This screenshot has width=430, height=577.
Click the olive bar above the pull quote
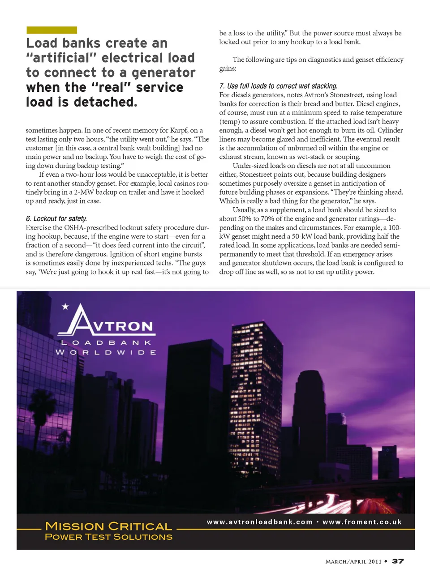[52, 30]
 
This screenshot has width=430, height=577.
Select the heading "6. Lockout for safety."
[56, 218]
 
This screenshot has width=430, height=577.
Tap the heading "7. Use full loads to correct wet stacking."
[278, 86]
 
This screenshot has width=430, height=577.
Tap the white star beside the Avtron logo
[65, 307]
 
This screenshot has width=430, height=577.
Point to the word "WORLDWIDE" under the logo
[106, 352]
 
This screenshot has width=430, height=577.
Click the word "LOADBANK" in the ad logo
[106, 342]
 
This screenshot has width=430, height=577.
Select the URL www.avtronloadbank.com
[259, 522]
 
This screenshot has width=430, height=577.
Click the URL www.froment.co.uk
[362, 522]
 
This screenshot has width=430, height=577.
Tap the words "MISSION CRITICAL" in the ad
[108, 526]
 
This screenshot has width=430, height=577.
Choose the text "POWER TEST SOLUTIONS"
[108, 537]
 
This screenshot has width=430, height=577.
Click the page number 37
[398, 561]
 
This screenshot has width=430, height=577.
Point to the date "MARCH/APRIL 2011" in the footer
[353, 561]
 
